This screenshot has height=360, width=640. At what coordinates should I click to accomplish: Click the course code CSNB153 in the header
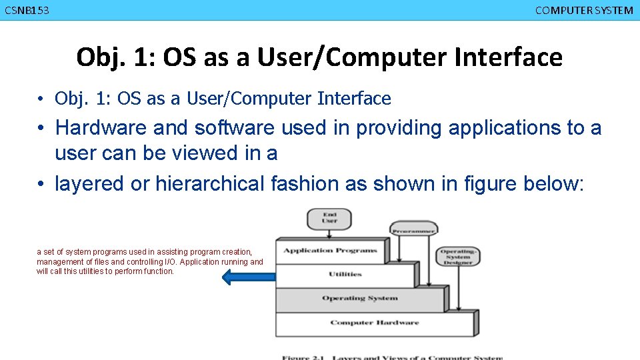pos(27,10)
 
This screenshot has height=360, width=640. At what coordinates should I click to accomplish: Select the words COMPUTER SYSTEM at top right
pos(584,10)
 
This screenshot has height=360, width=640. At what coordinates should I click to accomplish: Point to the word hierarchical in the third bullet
pos(210,183)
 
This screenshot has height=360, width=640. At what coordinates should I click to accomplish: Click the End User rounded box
pos(329,218)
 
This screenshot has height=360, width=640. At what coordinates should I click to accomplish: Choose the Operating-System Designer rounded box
pos(457,256)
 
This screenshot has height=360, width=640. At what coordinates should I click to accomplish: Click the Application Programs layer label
pos(330,251)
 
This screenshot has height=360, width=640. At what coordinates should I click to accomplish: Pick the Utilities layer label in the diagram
pos(345,274)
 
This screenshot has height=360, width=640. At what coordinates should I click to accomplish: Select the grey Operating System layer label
pos(359,298)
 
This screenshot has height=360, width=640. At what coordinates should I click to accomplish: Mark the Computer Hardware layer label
pos(374,323)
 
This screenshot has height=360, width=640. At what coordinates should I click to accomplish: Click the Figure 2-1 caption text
pos(391,357)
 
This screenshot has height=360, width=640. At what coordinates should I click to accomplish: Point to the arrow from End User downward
pos(329,233)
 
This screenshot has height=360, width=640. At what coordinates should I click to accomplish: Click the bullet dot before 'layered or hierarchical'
pos(41,184)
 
